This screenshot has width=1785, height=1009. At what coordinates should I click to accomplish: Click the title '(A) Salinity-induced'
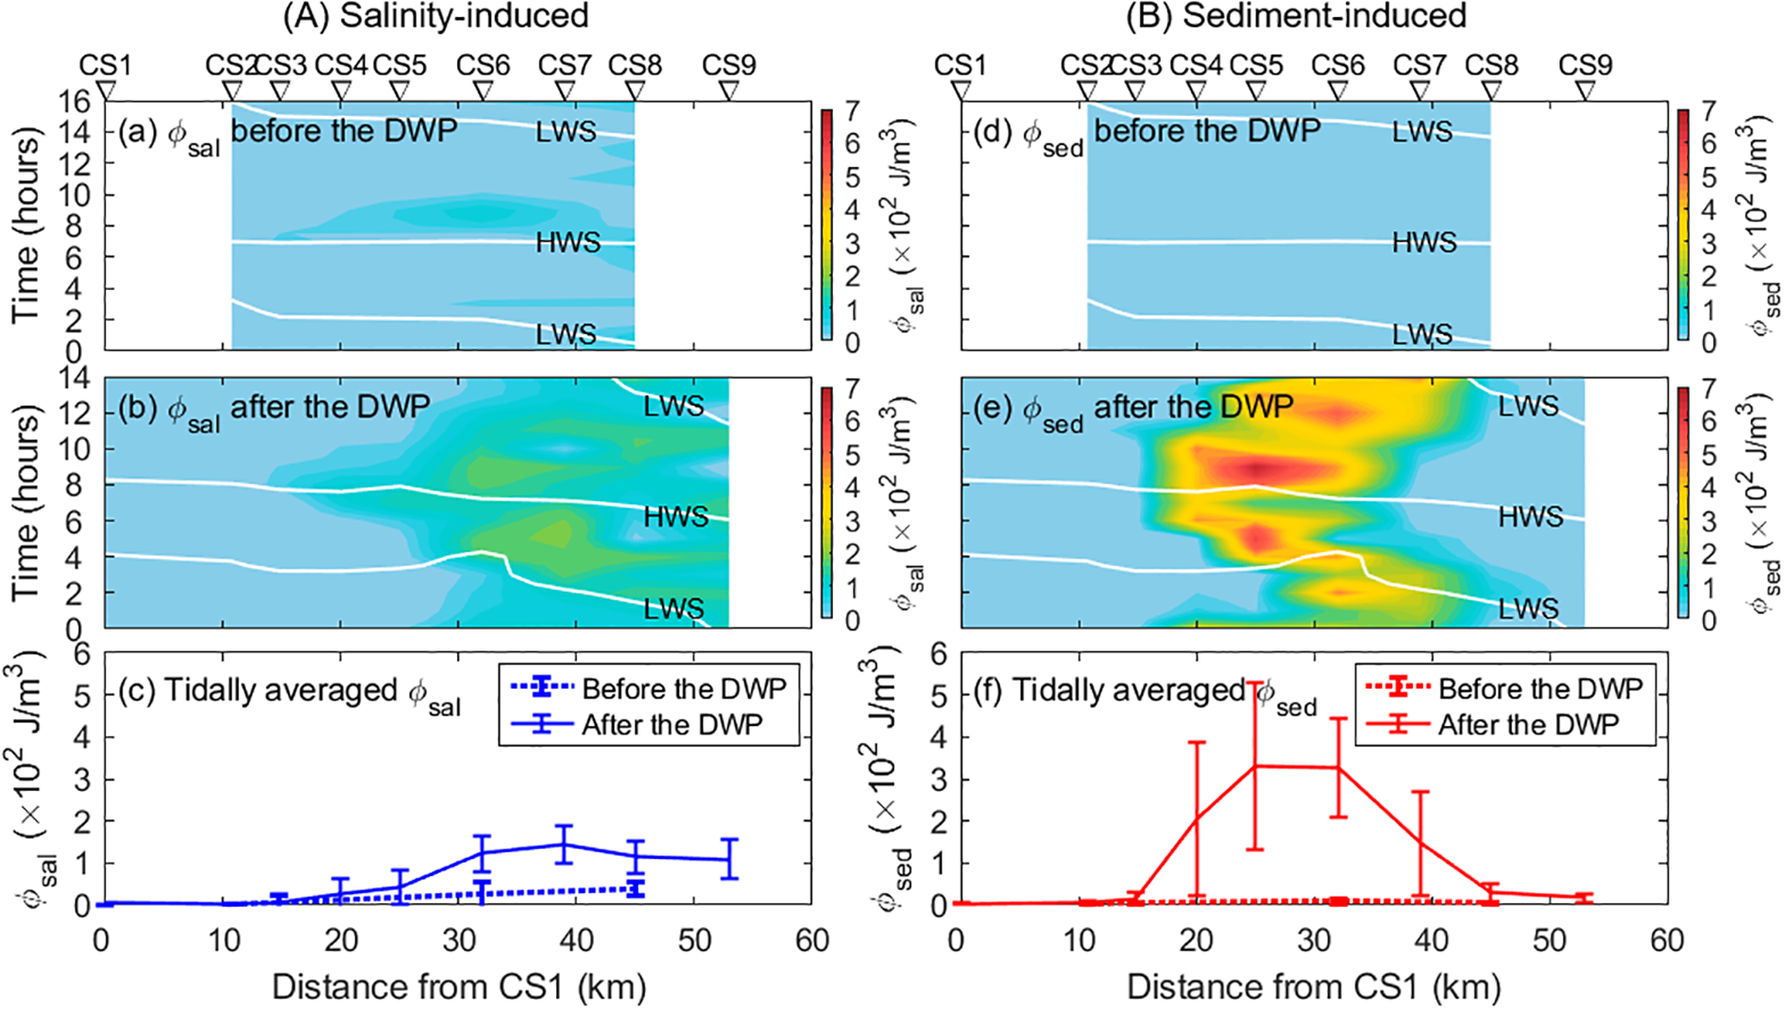click(435, 16)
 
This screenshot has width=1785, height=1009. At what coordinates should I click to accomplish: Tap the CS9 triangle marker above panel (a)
click(728, 91)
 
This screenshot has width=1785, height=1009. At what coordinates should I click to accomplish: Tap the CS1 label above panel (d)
click(960, 65)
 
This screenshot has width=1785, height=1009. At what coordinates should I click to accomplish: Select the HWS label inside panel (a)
click(568, 243)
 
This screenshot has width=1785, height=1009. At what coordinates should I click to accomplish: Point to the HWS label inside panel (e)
click(1530, 516)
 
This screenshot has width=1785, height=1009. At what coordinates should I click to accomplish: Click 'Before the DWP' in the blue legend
click(684, 688)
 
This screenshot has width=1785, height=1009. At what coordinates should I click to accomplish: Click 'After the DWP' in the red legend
click(1527, 725)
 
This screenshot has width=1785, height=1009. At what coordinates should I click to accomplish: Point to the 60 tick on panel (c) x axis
click(811, 940)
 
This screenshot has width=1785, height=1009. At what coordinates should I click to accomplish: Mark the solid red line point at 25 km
click(1255, 765)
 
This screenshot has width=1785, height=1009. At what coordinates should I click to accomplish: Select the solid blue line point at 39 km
click(564, 844)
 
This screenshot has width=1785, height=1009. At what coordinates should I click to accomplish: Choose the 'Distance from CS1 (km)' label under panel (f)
click(1313, 987)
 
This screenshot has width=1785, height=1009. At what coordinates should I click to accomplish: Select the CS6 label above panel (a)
click(483, 65)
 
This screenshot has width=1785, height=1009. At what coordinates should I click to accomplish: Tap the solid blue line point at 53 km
click(729, 859)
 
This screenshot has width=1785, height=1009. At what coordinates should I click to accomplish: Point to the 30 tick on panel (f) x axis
click(1314, 940)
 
